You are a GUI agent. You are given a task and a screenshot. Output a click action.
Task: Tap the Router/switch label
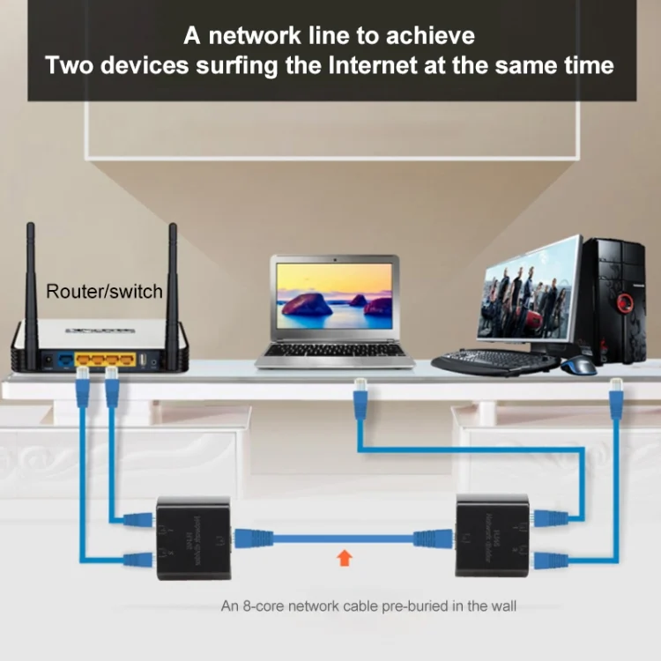104,291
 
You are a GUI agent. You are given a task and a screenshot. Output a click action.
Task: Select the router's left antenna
30,282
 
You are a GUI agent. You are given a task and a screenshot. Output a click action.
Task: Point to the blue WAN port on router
65,360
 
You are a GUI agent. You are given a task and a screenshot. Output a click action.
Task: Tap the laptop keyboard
334,350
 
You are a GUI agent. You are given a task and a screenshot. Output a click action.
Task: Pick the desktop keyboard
494,361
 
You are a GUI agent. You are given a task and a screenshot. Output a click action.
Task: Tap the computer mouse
579,365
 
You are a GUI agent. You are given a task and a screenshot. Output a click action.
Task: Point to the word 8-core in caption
256,605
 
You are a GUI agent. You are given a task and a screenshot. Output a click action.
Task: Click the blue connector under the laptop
360,400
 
